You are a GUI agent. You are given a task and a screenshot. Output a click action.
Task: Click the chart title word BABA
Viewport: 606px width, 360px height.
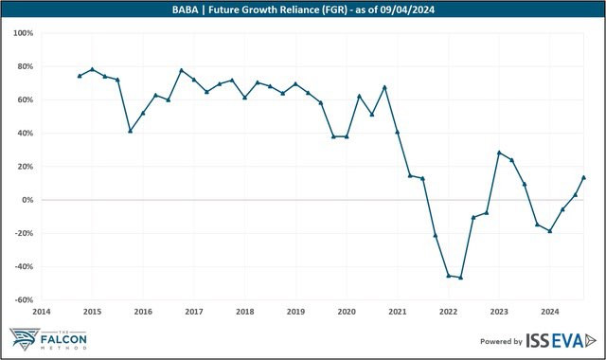point(186,9)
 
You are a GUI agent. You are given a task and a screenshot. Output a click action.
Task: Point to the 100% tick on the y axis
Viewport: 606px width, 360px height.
point(23,33)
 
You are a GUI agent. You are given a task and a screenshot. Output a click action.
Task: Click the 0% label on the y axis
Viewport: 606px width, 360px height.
point(27,200)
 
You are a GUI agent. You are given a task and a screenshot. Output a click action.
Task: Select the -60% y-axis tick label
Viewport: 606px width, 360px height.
point(25,300)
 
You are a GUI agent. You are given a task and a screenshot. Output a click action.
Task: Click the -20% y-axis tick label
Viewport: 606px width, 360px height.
point(25,233)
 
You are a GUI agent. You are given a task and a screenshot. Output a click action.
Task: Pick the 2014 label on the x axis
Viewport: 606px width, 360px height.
point(42,312)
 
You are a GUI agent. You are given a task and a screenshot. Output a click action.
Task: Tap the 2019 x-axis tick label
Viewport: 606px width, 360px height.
point(295,312)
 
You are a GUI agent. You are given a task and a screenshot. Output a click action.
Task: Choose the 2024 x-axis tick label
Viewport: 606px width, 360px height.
point(550,312)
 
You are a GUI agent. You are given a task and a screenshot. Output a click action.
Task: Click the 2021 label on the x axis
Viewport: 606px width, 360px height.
point(398,312)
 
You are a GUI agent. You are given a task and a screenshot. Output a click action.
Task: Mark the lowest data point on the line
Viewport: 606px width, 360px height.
point(461,278)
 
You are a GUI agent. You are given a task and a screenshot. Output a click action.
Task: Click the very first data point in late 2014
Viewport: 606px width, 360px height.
point(80,76)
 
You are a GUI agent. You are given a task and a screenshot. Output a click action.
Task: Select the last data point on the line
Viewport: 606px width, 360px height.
point(583,177)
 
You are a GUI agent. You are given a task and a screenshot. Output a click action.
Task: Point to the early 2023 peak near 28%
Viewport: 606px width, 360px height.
point(499,153)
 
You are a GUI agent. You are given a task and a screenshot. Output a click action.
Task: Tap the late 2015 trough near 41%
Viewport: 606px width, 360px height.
point(131,131)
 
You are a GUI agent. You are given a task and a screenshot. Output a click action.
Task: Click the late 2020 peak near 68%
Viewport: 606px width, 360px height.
point(384,87)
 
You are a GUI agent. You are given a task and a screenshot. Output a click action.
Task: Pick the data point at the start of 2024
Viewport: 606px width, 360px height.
point(550,231)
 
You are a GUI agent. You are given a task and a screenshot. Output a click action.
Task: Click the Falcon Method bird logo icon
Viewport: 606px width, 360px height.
point(25,339)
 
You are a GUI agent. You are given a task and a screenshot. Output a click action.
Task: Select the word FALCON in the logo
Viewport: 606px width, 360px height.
point(63,340)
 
